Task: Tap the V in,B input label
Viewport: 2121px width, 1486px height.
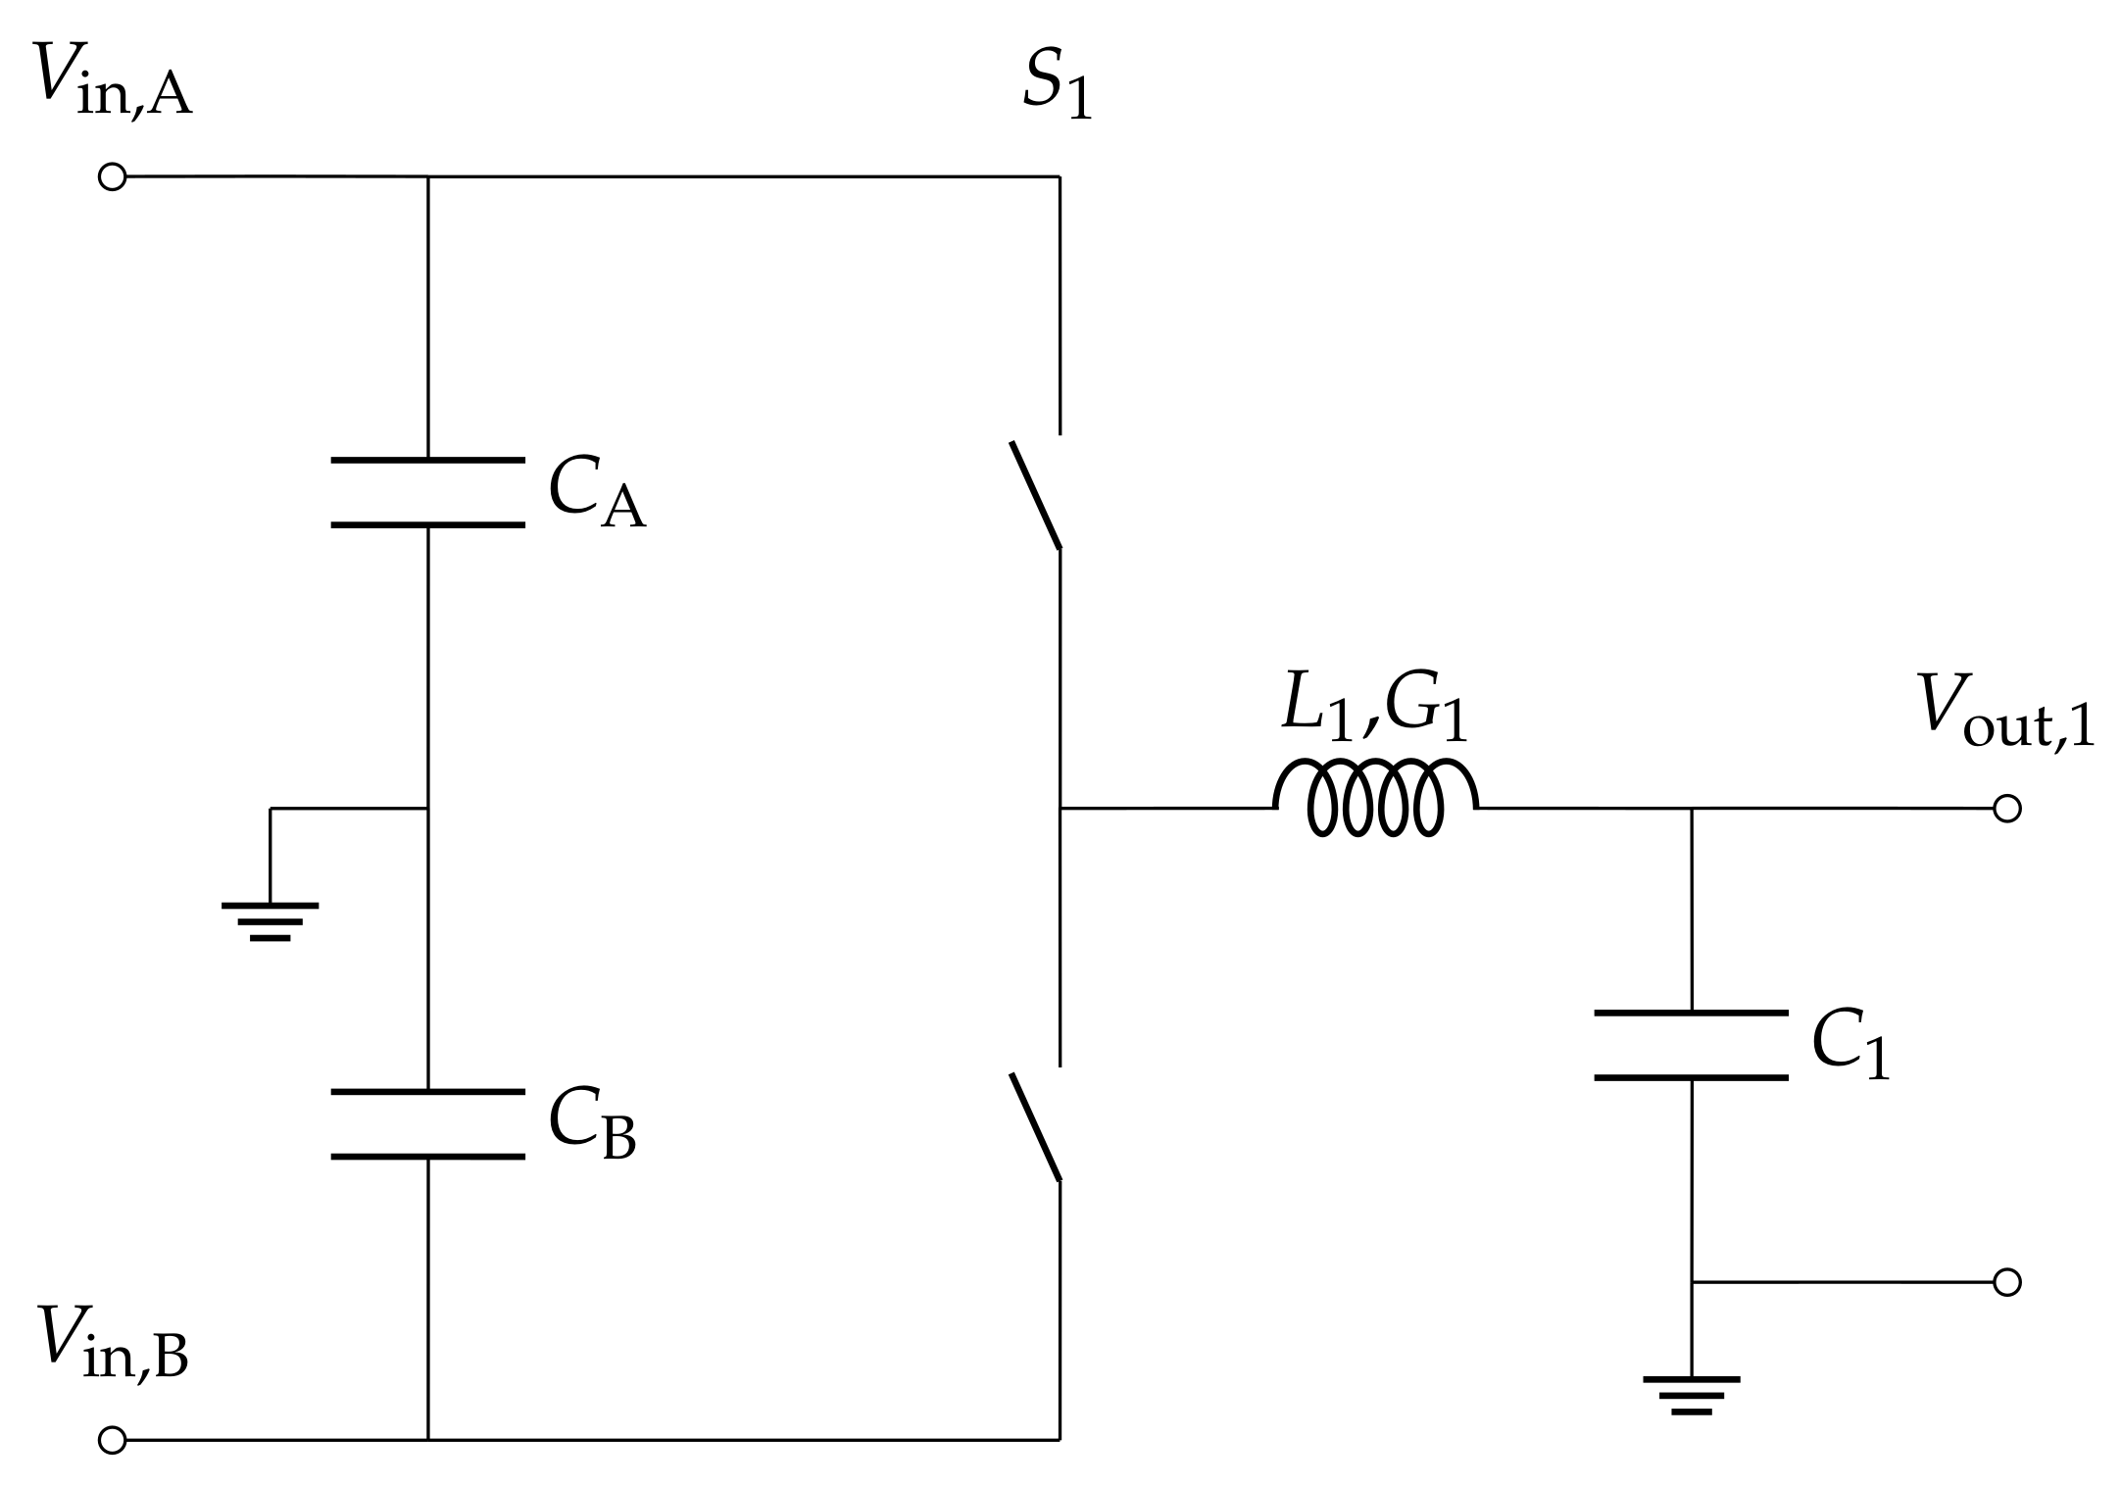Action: coord(112,1342)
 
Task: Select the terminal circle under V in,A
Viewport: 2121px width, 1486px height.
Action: coord(113,177)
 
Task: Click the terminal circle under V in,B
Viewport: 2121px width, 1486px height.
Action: coord(113,1440)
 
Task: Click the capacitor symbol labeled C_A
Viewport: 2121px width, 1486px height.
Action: coord(428,492)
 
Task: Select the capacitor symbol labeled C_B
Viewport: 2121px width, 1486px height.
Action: coord(428,1123)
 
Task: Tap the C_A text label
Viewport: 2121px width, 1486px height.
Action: coord(596,493)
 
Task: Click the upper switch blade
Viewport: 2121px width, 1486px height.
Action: coord(1036,495)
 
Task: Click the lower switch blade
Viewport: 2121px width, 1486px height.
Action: coord(1036,1127)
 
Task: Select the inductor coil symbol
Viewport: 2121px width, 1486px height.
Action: coord(1375,797)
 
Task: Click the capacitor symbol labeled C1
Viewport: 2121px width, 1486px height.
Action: coord(1692,1045)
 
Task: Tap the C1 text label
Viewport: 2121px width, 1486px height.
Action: coord(1850,1046)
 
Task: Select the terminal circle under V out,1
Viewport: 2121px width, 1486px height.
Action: coord(2007,809)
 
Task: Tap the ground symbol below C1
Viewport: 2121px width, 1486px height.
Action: coord(1692,1394)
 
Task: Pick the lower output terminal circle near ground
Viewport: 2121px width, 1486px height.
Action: coord(2007,1282)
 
